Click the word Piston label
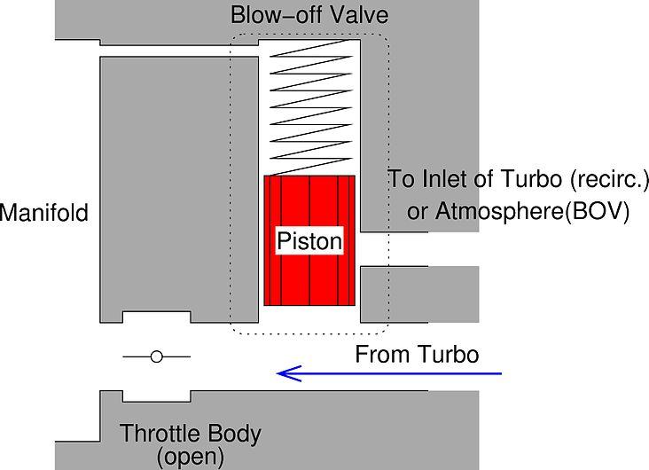click(x=309, y=241)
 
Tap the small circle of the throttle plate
click(x=157, y=356)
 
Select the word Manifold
click(x=44, y=213)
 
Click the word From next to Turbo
click(x=379, y=356)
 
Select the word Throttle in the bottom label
click(x=159, y=435)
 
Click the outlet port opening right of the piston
click(x=390, y=249)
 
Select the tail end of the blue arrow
click(x=498, y=373)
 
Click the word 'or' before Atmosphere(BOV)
click(x=418, y=213)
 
